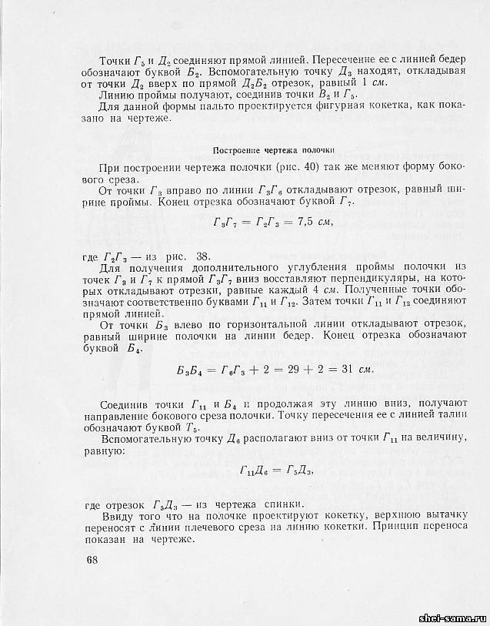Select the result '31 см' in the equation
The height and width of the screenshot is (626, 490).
coord(355,369)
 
